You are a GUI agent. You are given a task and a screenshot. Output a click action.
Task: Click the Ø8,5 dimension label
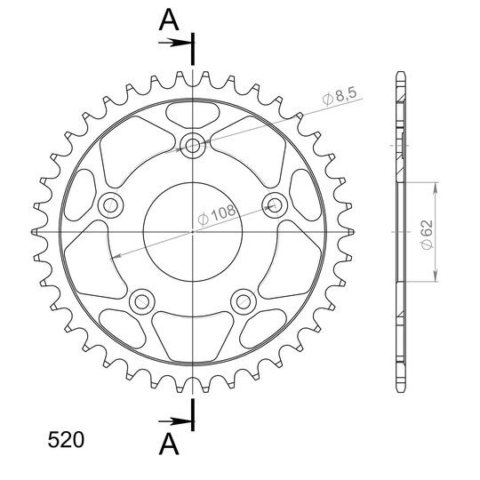(x=340, y=96)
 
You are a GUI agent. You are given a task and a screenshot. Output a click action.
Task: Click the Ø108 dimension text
(x=217, y=214)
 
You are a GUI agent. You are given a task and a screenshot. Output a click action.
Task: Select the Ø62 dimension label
(x=428, y=235)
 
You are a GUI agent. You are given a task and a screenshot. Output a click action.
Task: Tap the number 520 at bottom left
(x=66, y=440)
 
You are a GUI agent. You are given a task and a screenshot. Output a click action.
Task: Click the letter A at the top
(x=169, y=20)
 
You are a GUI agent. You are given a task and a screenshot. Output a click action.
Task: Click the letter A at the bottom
(x=169, y=444)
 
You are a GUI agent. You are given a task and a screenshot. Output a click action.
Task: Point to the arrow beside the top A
(x=175, y=43)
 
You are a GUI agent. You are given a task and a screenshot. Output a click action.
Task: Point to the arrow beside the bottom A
(x=175, y=422)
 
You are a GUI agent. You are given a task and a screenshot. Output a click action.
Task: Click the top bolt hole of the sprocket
(x=193, y=146)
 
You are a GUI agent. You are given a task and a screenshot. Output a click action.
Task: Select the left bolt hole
(x=110, y=205)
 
